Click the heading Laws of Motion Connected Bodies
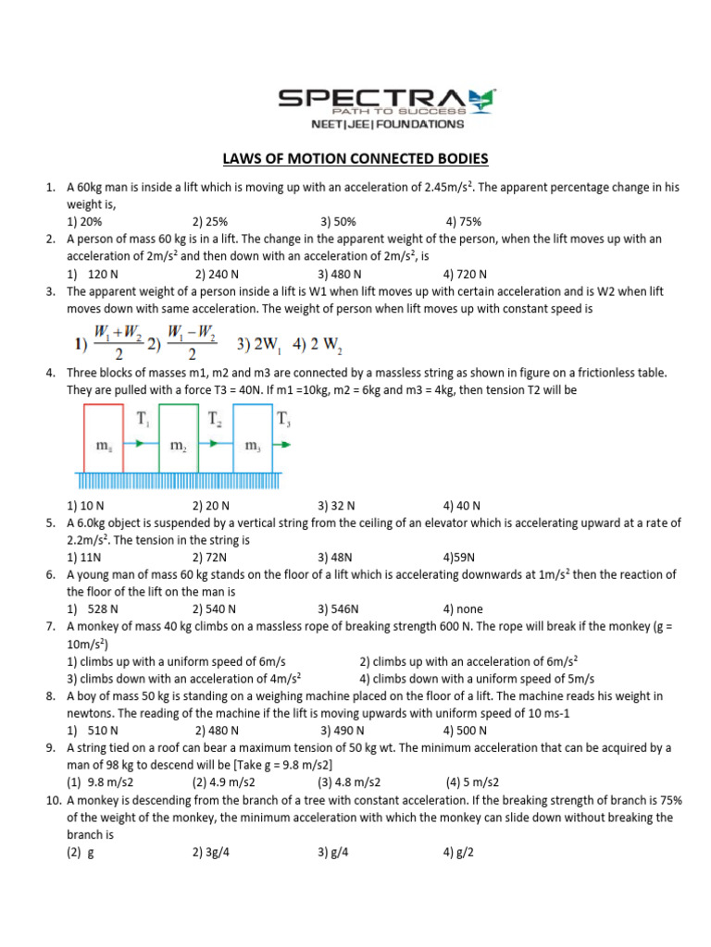pos(355,158)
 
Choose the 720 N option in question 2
pos(465,275)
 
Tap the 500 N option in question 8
pos(465,730)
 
